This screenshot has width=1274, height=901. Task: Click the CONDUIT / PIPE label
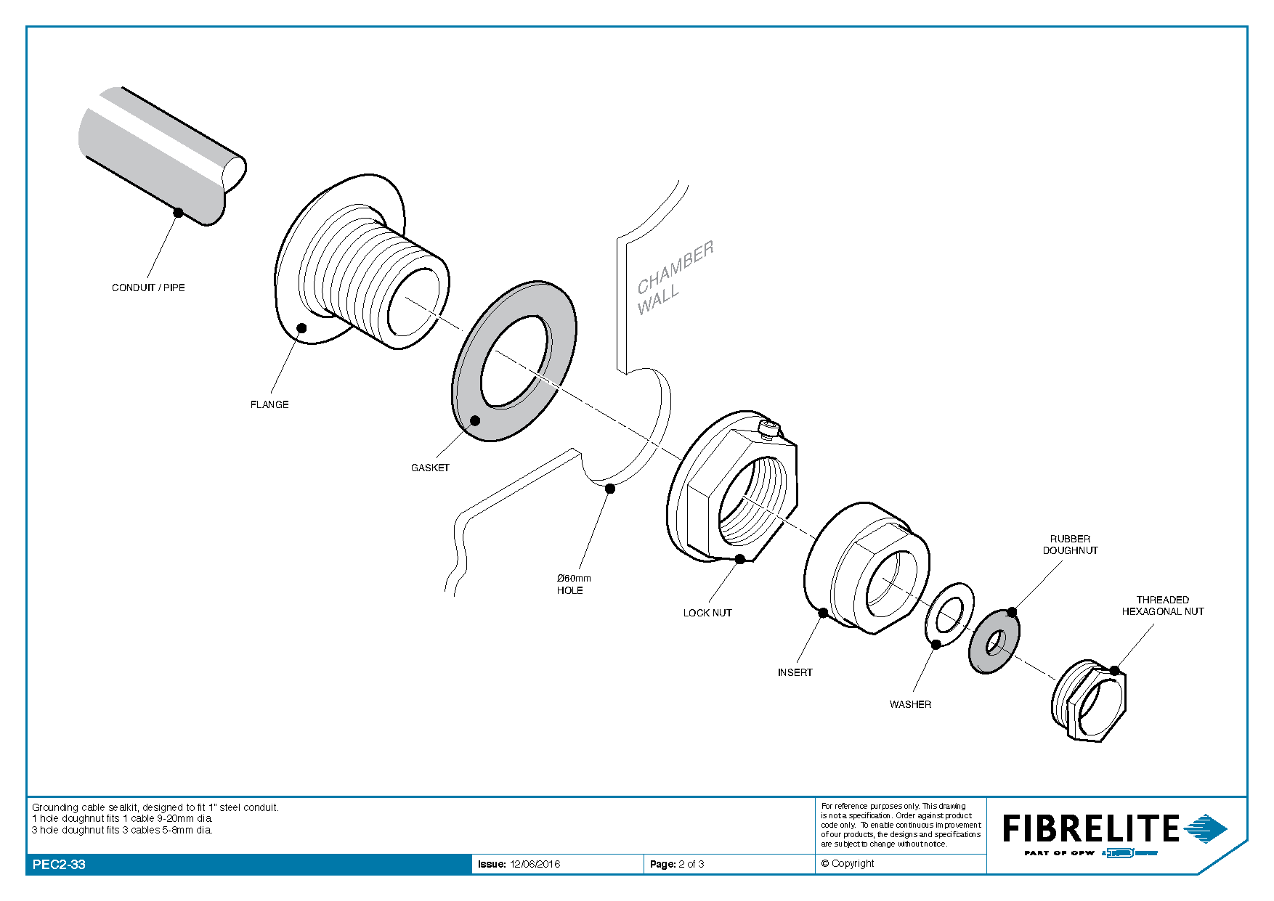tap(148, 288)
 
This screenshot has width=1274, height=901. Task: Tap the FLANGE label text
tap(269, 404)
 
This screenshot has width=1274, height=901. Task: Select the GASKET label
tap(430, 468)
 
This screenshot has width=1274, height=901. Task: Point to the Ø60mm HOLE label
tap(573, 584)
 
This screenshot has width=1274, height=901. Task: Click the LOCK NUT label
tap(707, 613)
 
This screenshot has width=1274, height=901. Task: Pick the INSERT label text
tap(795, 672)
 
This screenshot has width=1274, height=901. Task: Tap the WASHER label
tap(910, 704)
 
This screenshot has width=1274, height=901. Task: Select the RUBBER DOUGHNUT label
tap(1070, 545)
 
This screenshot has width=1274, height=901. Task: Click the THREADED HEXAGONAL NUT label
tap(1162, 606)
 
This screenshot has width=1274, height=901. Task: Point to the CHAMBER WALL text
tap(673, 279)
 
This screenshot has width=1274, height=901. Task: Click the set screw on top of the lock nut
tap(768, 428)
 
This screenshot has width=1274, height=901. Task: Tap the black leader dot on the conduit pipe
tap(178, 212)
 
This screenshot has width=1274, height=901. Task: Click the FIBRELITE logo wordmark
tap(1090, 828)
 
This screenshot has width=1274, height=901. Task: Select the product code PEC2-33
tap(59, 865)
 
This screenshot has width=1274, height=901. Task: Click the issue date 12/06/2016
tap(535, 864)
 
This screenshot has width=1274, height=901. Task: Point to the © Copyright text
tap(848, 863)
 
